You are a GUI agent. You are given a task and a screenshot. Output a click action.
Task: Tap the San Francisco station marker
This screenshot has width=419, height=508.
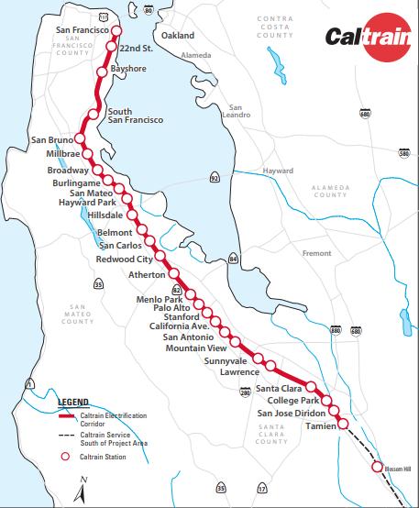[x=117, y=30]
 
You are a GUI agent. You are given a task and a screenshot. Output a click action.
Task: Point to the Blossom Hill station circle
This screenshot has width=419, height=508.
[x=377, y=468]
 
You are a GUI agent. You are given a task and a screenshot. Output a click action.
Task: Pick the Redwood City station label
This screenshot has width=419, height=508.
[x=124, y=260]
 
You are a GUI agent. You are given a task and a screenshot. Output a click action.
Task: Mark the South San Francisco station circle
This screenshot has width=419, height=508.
[x=93, y=115]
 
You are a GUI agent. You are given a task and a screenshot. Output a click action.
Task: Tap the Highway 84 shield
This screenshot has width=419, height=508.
[x=234, y=260]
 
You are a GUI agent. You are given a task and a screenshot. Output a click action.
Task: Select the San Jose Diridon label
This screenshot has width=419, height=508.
[x=284, y=413]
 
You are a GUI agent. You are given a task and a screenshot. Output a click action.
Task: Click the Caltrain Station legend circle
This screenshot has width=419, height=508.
[x=65, y=456]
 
